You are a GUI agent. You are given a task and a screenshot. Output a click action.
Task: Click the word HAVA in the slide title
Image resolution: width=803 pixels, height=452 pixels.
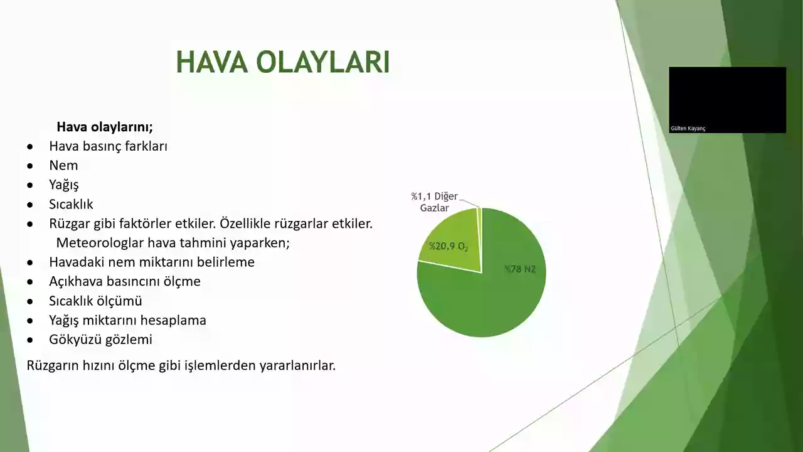pyautogui.click(x=211, y=62)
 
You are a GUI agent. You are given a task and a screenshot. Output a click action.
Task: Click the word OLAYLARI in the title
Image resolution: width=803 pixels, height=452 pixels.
pyautogui.click(x=323, y=62)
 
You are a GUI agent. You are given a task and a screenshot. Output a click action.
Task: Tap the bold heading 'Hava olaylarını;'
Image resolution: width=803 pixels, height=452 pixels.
pyautogui.click(x=105, y=127)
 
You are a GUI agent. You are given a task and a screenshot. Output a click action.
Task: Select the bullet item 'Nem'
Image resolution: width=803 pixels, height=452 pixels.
pyautogui.click(x=63, y=165)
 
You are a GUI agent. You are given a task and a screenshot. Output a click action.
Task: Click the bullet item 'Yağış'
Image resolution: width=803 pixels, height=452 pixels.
pyautogui.click(x=64, y=185)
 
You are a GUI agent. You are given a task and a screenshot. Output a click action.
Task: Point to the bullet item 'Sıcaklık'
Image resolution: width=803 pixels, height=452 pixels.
pyautogui.click(x=71, y=204)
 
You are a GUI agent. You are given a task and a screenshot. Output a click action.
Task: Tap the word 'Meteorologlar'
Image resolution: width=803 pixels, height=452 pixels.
pyautogui.click(x=100, y=243)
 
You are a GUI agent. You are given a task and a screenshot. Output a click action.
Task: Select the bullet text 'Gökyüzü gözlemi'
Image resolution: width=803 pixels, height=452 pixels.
pyautogui.click(x=101, y=340)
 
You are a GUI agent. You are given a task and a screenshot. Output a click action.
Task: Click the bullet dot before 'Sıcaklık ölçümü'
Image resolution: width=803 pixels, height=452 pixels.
pyautogui.click(x=30, y=301)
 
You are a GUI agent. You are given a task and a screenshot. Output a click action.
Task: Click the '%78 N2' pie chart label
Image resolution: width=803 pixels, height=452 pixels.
pyautogui.click(x=520, y=269)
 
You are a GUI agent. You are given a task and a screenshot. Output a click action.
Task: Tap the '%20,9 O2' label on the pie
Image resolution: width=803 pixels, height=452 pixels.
pyautogui.click(x=449, y=247)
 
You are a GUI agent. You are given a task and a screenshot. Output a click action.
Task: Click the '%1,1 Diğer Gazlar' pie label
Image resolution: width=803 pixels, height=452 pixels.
pyautogui.click(x=435, y=202)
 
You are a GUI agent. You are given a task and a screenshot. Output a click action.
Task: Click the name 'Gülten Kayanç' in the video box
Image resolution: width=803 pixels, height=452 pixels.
pyautogui.click(x=688, y=129)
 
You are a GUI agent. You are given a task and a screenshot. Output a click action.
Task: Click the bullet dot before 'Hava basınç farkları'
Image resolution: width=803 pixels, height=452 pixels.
pyautogui.click(x=30, y=147)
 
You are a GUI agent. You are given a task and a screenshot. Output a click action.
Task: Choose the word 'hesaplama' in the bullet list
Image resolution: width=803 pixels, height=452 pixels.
pyautogui.click(x=173, y=320)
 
